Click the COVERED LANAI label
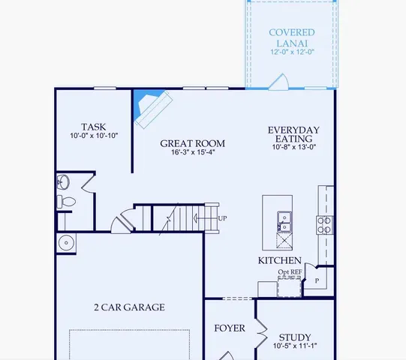coord(292,37)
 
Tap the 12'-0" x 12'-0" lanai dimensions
coord(292,52)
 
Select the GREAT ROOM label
coord(192,143)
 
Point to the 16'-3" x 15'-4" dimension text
coord(192,153)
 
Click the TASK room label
coord(94,127)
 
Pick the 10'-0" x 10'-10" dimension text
coord(94,136)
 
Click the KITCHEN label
coord(279,260)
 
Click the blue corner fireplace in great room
coord(145,105)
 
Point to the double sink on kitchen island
coord(284,221)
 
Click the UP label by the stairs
coord(222,218)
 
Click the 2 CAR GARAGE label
coord(129,307)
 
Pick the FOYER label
coord(230,328)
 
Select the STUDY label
coord(294,337)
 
